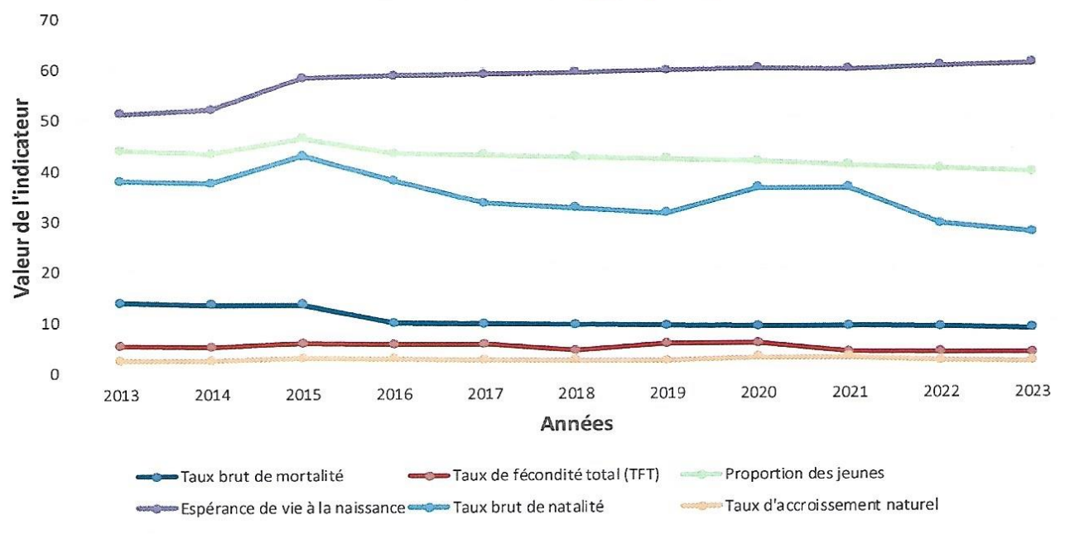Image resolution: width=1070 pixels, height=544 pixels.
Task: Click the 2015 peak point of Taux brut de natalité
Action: [x=301, y=156]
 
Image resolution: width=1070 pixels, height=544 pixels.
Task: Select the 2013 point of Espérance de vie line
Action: [x=119, y=113]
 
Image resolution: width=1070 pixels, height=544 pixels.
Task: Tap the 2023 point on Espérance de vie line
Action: [x=1030, y=60]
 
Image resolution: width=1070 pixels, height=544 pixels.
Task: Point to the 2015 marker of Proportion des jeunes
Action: [x=301, y=138]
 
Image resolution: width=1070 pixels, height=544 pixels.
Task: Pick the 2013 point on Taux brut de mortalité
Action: [x=119, y=304]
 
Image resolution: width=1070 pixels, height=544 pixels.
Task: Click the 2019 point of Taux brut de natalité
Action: [x=666, y=212]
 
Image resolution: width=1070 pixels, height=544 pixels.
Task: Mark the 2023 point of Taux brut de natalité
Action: [x=1030, y=230]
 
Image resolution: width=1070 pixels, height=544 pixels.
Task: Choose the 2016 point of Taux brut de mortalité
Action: [x=393, y=323]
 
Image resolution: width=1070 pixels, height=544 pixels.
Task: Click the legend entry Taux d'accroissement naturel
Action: [x=831, y=505]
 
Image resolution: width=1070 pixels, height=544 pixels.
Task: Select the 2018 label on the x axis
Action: [x=575, y=394]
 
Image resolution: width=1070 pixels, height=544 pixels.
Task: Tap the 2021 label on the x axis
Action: [x=848, y=394]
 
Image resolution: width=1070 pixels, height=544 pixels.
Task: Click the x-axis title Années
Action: [x=576, y=425]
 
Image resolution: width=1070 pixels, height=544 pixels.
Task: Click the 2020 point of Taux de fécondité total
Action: [x=757, y=341]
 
